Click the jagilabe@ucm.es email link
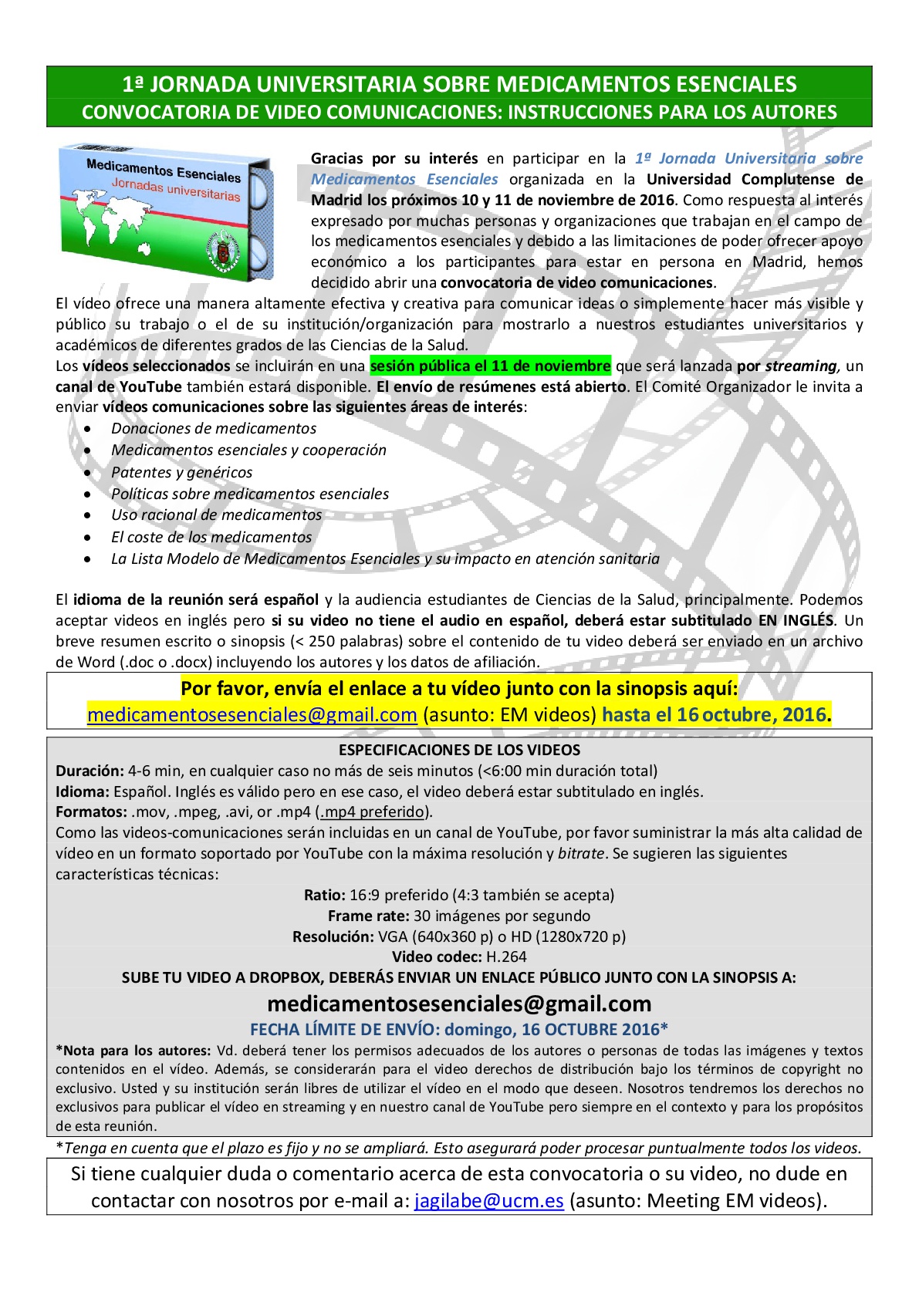click(488, 1200)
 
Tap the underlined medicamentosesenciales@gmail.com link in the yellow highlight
click(252, 714)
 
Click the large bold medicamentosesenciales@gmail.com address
click(459, 1004)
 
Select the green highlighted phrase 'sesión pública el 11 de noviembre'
click(490, 366)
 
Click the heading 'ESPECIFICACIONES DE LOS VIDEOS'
click(459, 750)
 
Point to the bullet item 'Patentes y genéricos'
click(181, 472)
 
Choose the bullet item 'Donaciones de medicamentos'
click(214, 428)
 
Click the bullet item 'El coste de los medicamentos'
click(211, 537)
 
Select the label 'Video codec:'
click(436, 957)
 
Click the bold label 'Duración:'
click(90, 771)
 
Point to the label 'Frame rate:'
click(368, 916)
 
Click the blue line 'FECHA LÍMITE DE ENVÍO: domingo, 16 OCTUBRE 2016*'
click(459, 1029)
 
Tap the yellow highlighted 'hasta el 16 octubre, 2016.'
click(716, 714)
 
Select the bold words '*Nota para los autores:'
click(133, 1050)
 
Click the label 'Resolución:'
click(333, 936)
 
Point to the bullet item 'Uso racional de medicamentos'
click(216, 515)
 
